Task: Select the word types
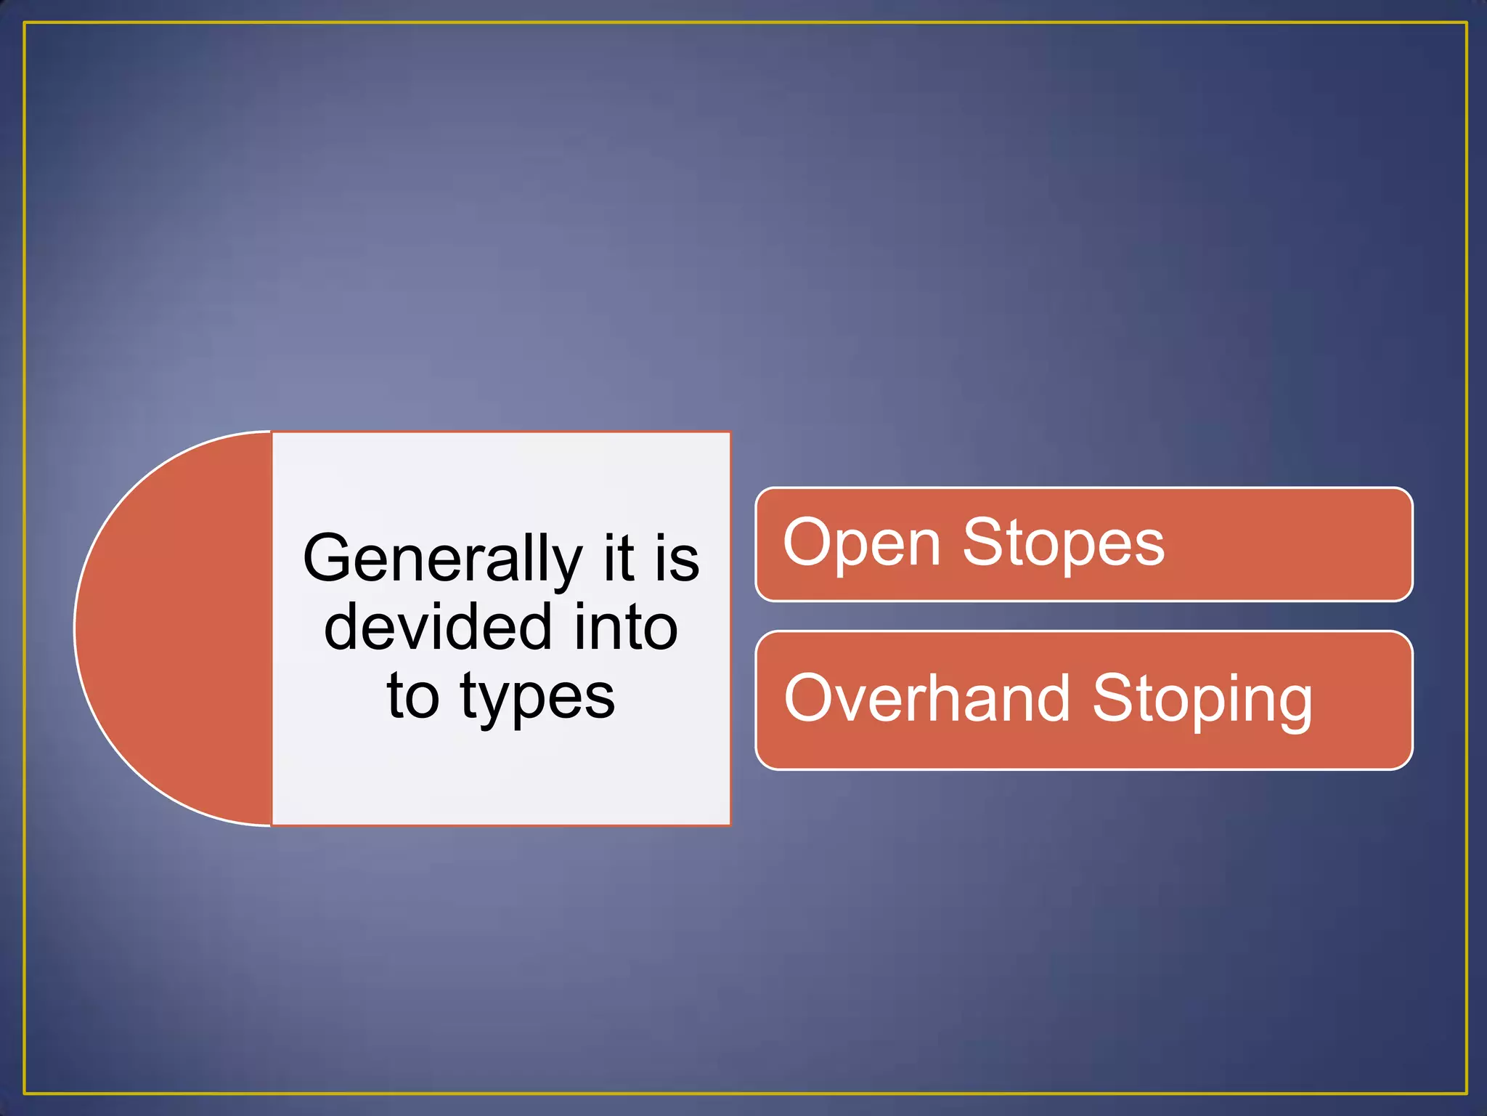pyautogui.click(x=537, y=697)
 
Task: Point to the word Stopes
pyautogui.click(x=1063, y=544)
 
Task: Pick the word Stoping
pyautogui.click(x=1202, y=700)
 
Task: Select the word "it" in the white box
pyautogui.click(x=619, y=559)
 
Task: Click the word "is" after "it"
pyautogui.click(x=676, y=559)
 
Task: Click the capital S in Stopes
pyautogui.click(x=985, y=543)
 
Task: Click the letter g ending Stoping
pyautogui.click(x=1292, y=703)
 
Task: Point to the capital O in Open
pyautogui.click(x=809, y=543)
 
